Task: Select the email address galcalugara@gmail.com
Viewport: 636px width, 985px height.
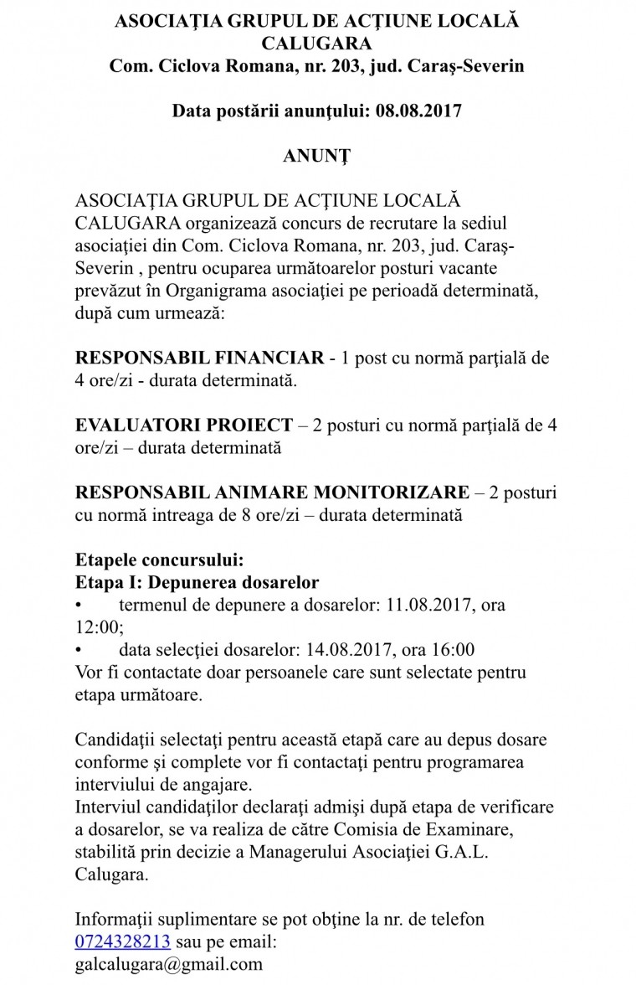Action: click(169, 963)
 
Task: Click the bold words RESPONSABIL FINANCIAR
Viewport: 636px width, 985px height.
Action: click(199, 358)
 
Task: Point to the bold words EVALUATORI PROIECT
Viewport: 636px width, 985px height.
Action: click(184, 425)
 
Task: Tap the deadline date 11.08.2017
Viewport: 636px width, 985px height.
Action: click(427, 604)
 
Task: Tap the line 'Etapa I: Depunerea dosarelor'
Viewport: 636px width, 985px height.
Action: click(197, 582)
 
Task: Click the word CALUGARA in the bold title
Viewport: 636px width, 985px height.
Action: click(316, 44)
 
